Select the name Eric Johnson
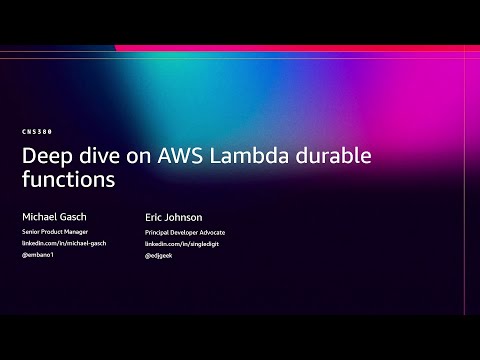click(173, 216)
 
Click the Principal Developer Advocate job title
click(185, 232)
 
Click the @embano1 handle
click(37, 256)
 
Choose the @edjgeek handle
click(160, 256)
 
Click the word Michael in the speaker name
click(39, 216)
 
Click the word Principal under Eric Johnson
click(160, 232)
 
